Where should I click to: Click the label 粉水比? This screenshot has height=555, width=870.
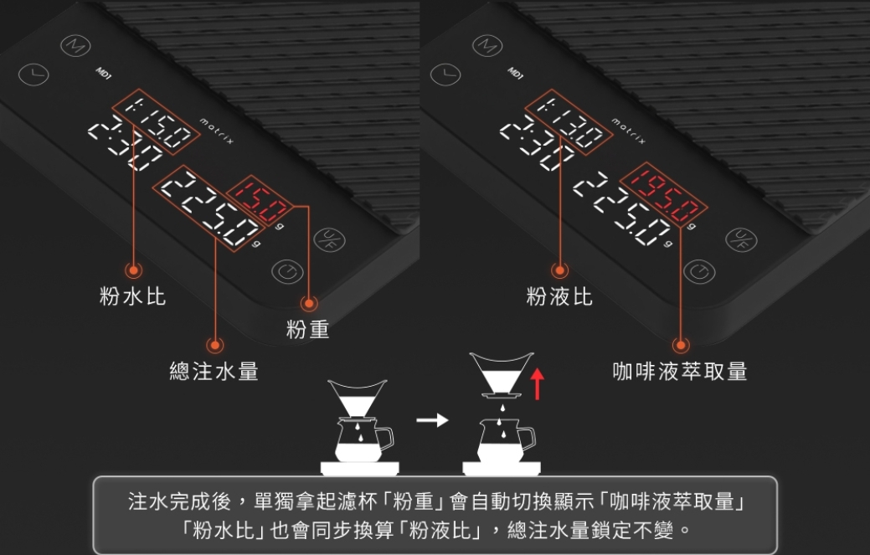pyautogui.click(x=132, y=296)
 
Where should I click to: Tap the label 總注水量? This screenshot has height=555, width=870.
pyautogui.click(x=214, y=372)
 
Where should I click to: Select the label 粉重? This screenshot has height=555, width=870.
pyautogui.click(x=307, y=330)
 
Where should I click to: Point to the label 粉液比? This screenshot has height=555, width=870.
pyautogui.click(x=559, y=296)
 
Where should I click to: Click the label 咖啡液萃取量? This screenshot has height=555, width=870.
pyautogui.click(x=680, y=372)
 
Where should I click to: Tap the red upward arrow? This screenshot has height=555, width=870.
pyautogui.click(x=538, y=383)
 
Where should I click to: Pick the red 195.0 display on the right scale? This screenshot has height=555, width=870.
pyautogui.click(x=664, y=188)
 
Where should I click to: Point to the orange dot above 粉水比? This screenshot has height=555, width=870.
pyautogui.click(x=132, y=270)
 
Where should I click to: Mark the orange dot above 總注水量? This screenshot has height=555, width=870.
pyautogui.click(x=215, y=344)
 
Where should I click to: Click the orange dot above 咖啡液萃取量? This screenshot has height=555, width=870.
pyautogui.click(x=681, y=344)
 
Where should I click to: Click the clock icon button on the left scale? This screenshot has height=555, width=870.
pyautogui.click(x=34, y=75)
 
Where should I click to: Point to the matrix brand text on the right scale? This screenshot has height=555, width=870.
pyautogui.click(x=629, y=132)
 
